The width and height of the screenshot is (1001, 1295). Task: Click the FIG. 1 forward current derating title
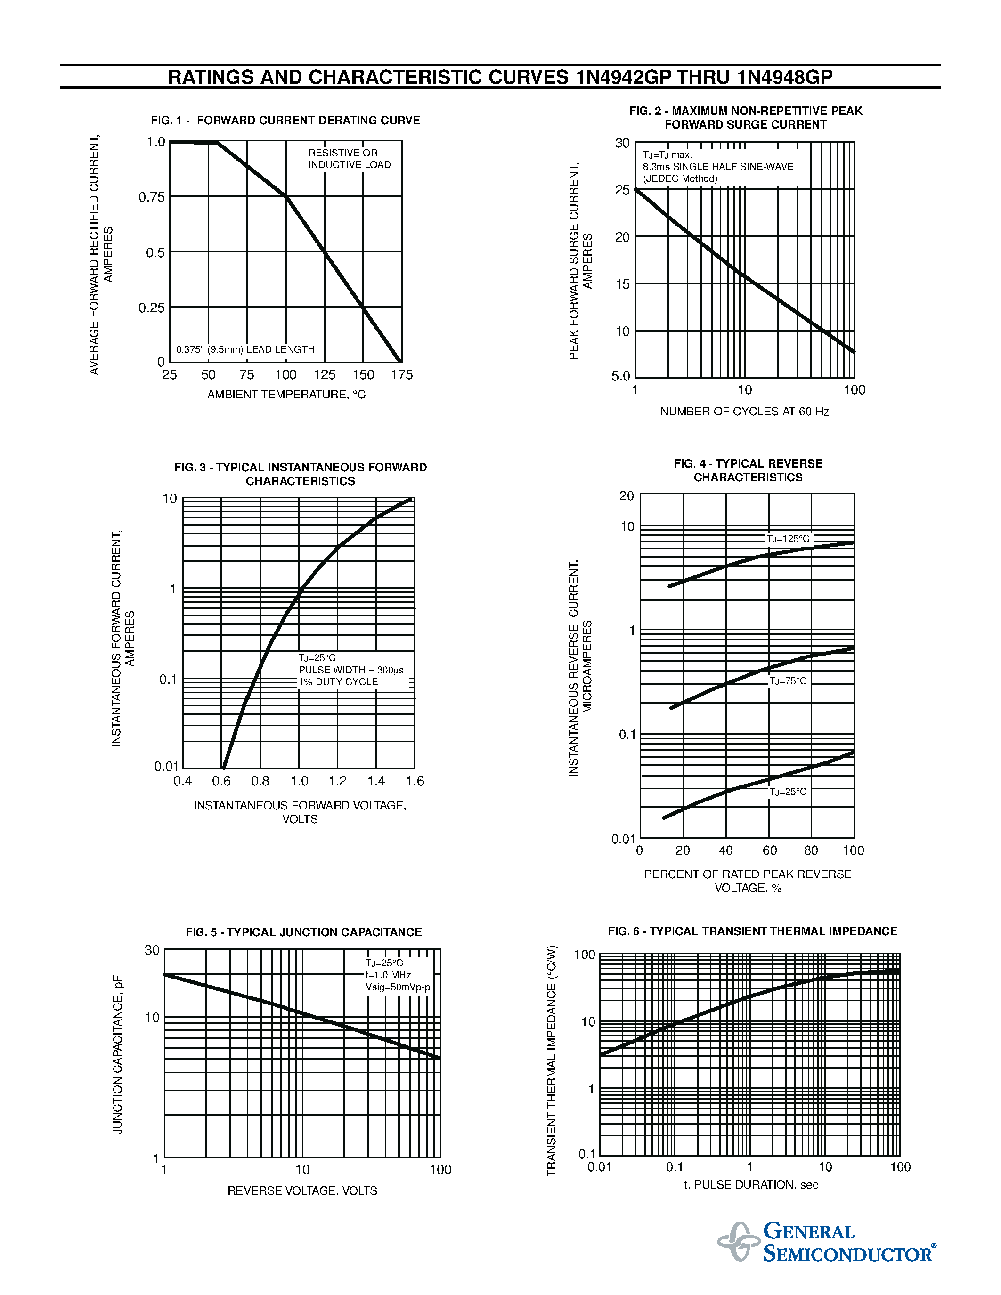pos(285,121)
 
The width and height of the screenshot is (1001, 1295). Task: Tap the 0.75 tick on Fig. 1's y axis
pos(152,197)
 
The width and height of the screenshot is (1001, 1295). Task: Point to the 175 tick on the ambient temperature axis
pos(401,375)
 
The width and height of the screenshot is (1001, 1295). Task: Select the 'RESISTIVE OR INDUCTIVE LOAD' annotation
pos(349,159)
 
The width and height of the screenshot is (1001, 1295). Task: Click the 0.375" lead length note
pos(245,349)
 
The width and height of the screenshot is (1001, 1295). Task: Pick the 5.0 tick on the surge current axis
pos(621,376)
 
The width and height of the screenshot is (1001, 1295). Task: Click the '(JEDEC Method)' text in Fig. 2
pos(680,178)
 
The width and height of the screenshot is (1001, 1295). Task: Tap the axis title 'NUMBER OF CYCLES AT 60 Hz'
pos(744,412)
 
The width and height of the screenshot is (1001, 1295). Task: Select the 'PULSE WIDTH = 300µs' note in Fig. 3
pos(351,670)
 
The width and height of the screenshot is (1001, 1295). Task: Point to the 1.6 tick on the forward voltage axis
pos(415,782)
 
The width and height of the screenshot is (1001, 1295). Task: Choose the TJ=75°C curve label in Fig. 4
pos(788,681)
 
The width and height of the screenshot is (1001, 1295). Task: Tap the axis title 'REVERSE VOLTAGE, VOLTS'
pos(302,1190)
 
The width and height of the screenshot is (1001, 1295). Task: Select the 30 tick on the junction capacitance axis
pos(153,950)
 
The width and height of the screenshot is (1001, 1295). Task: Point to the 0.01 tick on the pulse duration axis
pos(600,1167)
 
